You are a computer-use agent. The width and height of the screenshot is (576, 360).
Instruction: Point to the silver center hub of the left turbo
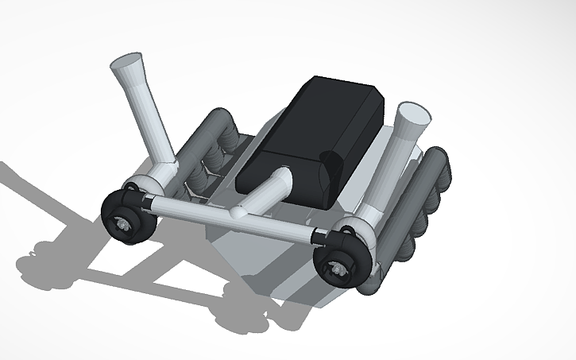(x=125, y=225)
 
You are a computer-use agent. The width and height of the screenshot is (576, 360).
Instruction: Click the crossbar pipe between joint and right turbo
(x=278, y=226)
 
